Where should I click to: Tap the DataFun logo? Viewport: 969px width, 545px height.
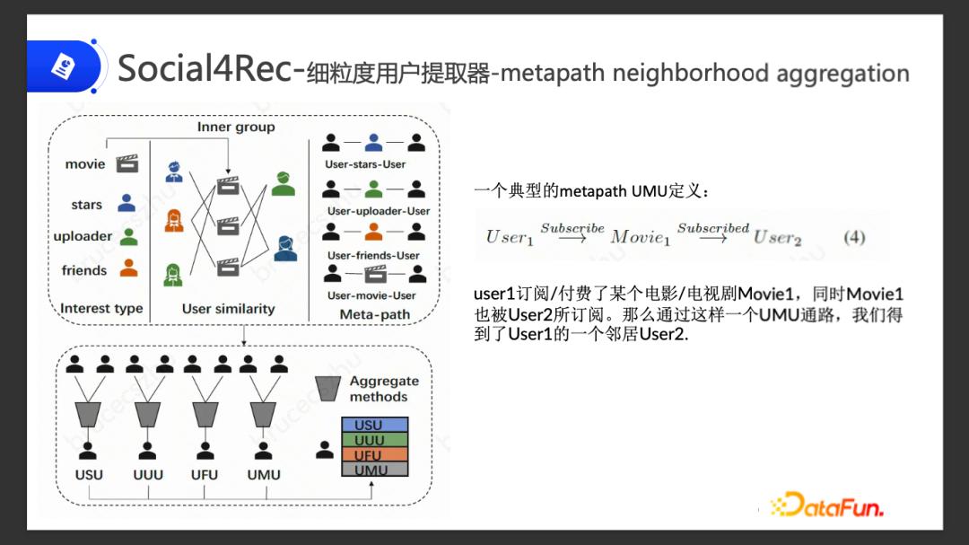826,505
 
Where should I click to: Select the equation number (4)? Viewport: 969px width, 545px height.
854,237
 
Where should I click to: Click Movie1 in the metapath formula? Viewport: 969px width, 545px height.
641,238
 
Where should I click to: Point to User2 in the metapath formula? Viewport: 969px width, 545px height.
777,238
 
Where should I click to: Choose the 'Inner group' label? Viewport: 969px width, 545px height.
236,127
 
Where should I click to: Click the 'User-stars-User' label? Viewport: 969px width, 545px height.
365,164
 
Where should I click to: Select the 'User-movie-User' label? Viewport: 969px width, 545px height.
371,295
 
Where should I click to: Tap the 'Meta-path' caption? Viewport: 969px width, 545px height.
375,314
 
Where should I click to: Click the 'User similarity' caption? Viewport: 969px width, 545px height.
228,309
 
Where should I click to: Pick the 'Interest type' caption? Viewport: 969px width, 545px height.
101,309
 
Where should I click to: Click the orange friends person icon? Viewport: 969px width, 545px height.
129,268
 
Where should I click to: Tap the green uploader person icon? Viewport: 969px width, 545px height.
129,236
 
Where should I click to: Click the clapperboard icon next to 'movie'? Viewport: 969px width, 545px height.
128,163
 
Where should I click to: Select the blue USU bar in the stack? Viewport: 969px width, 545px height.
374,425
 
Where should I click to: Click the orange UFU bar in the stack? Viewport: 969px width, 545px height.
374,455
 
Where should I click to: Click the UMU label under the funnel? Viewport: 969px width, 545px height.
264,475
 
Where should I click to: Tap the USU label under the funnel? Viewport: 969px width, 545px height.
89,475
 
